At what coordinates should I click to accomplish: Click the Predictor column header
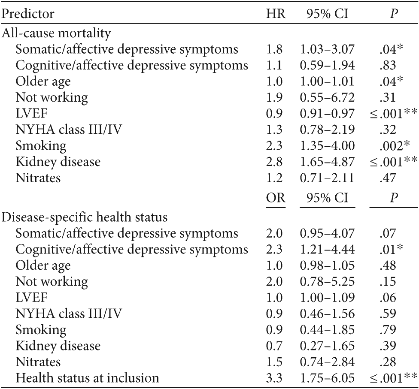[x=28, y=14]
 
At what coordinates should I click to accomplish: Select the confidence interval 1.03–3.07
[x=328, y=49]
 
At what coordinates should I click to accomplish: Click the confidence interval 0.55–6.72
[x=328, y=98]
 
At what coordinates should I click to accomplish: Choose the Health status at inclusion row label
[x=87, y=378]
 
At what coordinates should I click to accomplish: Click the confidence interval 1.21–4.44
[x=328, y=250]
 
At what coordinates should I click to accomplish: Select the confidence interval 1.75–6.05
[x=328, y=378]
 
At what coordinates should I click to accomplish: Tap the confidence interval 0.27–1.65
[x=328, y=346]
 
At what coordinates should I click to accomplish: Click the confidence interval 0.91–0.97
[x=328, y=114]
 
